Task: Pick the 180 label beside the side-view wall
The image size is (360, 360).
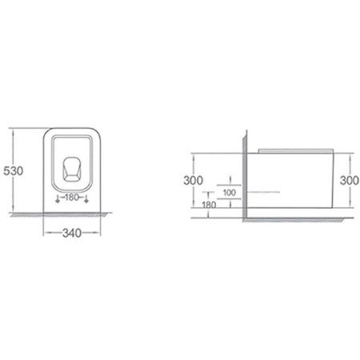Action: (x=210, y=204)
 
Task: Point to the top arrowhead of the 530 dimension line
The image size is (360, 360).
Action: (x=25, y=129)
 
